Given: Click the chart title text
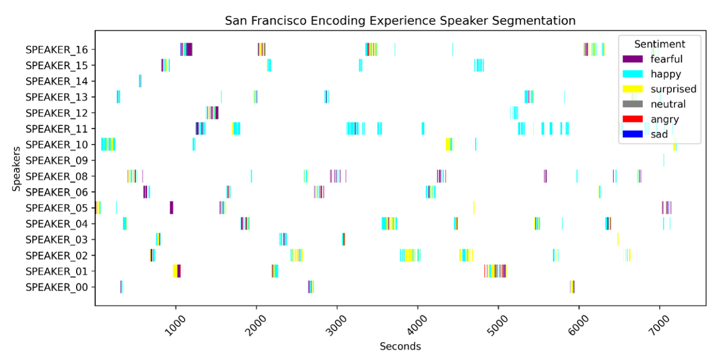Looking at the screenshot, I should click(400, 21).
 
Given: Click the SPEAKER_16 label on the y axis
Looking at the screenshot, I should click(61, 50).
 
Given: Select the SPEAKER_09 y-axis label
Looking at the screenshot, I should click(61, 160).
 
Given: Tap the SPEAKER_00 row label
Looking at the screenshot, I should click(61, 287).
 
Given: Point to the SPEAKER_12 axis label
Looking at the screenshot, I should click(61, 113).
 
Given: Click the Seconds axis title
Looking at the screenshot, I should click(400, 347).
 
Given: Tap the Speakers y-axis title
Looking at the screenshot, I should click(17, 168).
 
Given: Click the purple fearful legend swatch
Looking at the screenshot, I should click(633, 59).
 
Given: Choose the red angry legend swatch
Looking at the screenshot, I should click(633, 119).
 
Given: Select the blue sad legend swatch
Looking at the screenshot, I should click(633, 134).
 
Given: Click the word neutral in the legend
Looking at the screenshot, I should click(668, 104).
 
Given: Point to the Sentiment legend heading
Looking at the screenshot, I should click(659, 44).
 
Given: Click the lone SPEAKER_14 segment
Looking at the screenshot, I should click(140, 81).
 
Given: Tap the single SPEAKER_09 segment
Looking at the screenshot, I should click(664, 160).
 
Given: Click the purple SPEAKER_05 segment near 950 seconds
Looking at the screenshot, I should click(171, 208).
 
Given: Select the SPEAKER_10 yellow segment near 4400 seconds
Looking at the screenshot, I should click(448, 144).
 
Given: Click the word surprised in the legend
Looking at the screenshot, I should click(673, 89).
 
